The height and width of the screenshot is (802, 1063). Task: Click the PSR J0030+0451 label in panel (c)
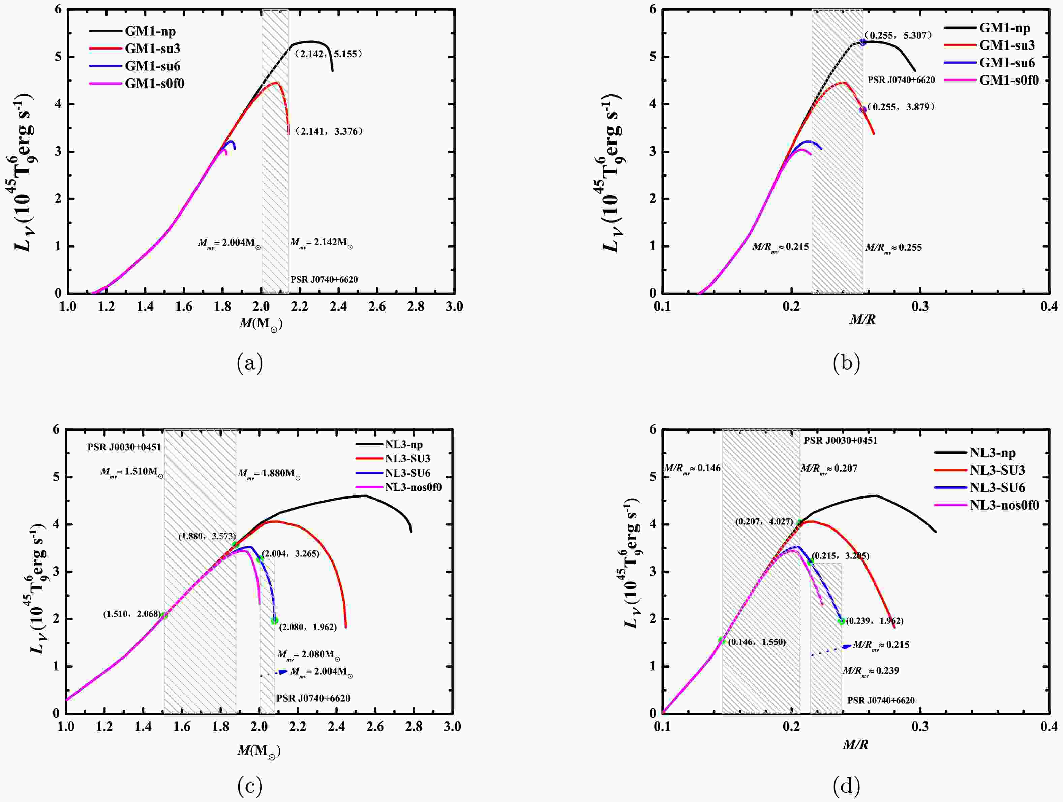click(124, 447)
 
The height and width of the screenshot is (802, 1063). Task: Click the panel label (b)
click(846, 363)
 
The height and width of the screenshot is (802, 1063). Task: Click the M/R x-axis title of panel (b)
click(862, 319)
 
